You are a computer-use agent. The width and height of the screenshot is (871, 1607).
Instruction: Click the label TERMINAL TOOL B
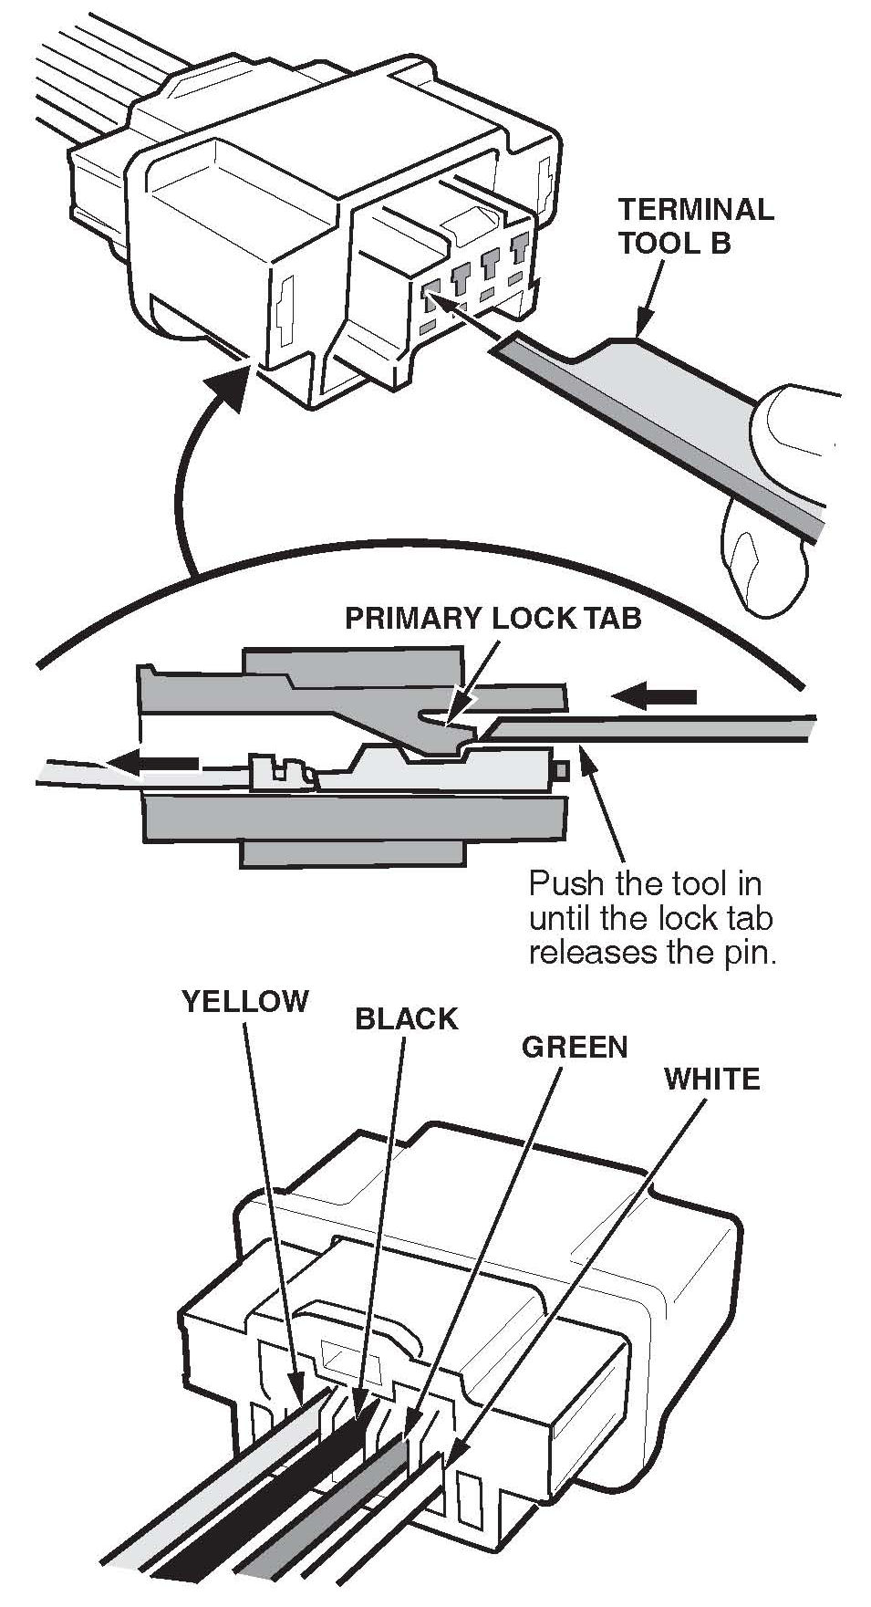coord(695,226)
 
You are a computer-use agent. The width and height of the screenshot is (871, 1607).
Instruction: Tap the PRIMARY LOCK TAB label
coord(493,618)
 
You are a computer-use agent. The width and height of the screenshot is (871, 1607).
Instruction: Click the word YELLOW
coord(245,1001)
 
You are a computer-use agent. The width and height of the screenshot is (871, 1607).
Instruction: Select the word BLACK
coord(406,1018)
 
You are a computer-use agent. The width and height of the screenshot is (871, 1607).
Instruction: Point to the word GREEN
coord(575,1047)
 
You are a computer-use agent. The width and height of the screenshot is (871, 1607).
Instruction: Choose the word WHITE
coord(711,1079)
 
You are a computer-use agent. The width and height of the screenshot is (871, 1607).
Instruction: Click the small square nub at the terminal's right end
coord(563,770)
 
